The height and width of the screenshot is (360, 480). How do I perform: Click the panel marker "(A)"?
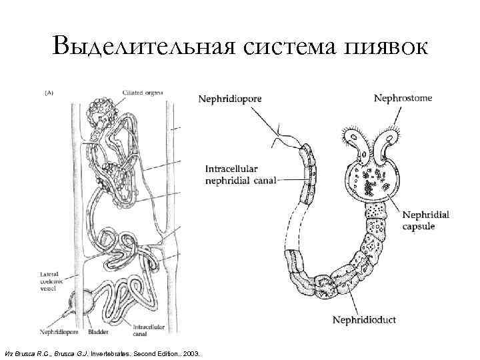click(49, 94)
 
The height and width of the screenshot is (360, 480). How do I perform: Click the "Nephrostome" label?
click(403, 97)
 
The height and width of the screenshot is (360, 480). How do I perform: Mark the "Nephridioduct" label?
click(364, 320)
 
